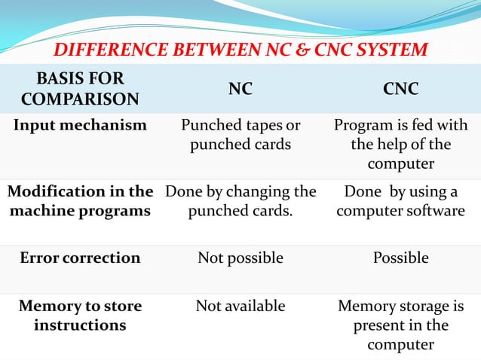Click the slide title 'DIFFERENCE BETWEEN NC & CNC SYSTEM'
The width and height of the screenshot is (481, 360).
(x=241, y=50)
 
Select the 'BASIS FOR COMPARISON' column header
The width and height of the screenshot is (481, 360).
(x=80, y=89)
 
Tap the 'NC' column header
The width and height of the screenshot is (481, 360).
(x=240, y=90)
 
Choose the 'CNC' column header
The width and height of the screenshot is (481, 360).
(x=401, y=90)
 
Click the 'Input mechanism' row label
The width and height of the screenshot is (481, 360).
(x=80, y=125)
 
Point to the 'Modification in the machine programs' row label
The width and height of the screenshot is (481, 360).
(x=80, y=201)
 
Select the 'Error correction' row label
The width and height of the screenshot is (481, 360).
(x=80, y=258)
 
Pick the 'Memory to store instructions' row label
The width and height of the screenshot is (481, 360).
(x=80, y=316)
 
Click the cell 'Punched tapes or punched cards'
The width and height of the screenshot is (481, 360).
(x=240, y=134)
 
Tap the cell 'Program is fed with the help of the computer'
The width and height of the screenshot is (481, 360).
(x=401, y=144)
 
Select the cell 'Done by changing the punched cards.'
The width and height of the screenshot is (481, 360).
(x=240, y=201)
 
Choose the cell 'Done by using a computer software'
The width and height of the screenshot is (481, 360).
(x=401, y=201)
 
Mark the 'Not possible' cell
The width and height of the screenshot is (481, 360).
(x=240, y=258)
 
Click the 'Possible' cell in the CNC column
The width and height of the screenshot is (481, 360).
(x=401, y=258)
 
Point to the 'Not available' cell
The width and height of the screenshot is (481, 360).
(x=240, y=306)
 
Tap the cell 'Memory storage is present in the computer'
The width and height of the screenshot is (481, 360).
(x=401, y=325)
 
